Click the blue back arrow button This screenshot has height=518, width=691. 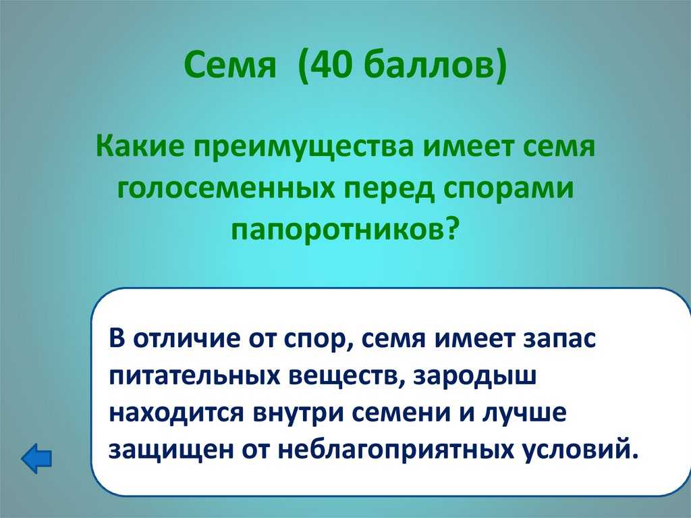point(36,459)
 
